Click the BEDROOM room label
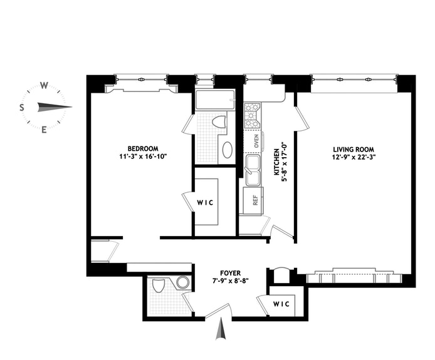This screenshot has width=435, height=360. pos(143,148)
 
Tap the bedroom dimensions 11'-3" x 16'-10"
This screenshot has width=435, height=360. pos(143,157)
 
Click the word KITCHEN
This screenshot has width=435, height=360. pos(276,162)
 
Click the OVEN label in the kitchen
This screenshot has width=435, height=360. pos(256,141)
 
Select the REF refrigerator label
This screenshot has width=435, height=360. pos(256,200)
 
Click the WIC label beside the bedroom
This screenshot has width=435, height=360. pos(206,203)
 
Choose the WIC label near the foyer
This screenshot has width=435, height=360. pos(281,304)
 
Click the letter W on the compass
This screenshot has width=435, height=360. pos(44,85)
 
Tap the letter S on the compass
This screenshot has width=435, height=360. pos(21,108)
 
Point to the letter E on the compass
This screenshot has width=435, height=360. pos(44,130)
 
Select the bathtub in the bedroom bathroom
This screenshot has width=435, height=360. pos(215,100)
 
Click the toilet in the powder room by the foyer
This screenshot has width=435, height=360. pos(159,285)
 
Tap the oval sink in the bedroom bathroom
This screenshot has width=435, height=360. pos(228,150)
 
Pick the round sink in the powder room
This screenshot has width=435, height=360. pos(183,282)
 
